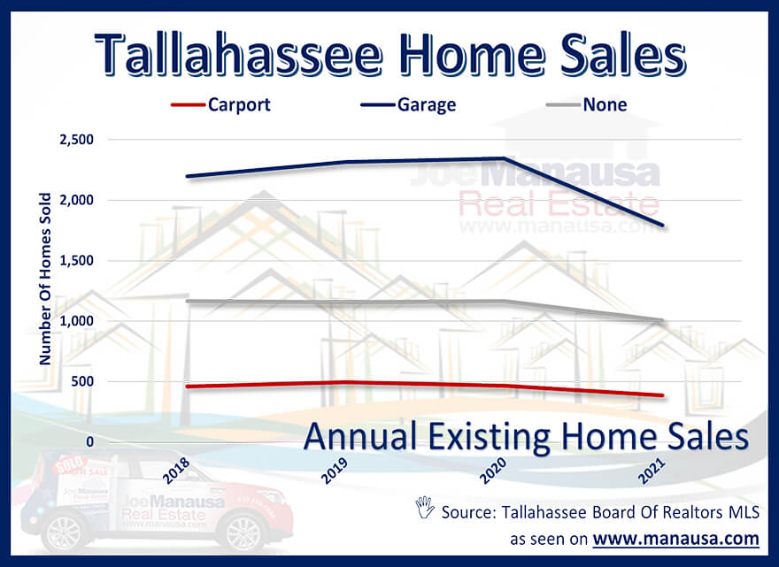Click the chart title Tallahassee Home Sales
(389, 55)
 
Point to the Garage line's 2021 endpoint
(663, 226)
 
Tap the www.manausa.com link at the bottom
(675, 538)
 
